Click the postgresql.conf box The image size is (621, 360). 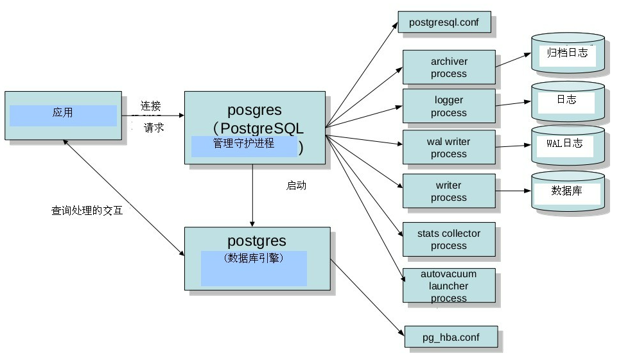(444, 22)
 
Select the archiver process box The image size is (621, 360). (449, 67)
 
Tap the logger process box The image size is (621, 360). (449, 107)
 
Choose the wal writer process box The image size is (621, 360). (449, 148)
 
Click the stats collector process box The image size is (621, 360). (449, 239)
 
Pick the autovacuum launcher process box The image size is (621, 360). (449, 286)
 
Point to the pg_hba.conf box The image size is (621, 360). (451, 337)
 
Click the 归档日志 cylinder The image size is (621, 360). (568, 54)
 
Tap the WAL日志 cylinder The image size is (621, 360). (568, 144)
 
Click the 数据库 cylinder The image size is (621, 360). (568, 191)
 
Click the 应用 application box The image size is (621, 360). (63, 114)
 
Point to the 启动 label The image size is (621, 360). (296, 186)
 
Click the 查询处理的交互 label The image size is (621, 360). (87, 210)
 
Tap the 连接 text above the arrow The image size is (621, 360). (151, 106)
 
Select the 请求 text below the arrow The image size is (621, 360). (154, 128)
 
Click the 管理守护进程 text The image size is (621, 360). (243, 144)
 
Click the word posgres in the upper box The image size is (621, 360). (254, 110)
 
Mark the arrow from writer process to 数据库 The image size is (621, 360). (513, 191)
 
